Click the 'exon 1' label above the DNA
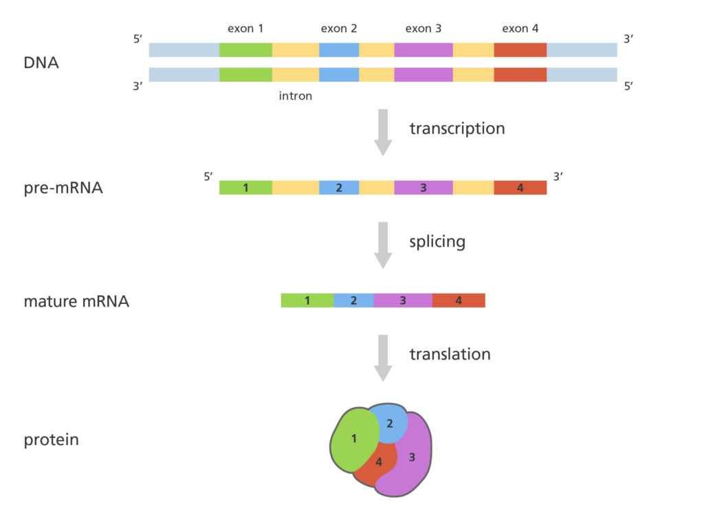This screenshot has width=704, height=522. [245, 29]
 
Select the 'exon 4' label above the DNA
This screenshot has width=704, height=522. [520, 29]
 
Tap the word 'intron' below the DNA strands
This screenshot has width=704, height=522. [296, 96]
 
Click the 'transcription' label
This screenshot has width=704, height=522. [457, 129]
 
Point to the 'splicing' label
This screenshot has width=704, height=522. [437, 242]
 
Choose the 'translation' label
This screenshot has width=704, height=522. [450, 354]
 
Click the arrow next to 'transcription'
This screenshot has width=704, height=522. [383, 132]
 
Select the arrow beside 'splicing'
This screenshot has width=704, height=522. [383, 246]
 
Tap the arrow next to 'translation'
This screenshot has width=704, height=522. [383, 358]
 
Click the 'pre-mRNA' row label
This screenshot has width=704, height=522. [63, 188]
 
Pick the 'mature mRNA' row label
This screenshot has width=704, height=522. [76, 301]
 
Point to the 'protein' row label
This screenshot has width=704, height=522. [51, 440]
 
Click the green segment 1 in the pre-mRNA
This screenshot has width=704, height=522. [245, 187]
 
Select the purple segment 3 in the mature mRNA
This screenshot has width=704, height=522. [403, 300]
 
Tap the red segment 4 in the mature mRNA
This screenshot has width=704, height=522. [459, 300]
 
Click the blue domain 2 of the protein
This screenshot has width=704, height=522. [390, 422]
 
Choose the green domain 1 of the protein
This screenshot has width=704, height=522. [355, 439]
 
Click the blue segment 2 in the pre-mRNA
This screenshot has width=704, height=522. [339, 187]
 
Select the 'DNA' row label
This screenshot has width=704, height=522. [41, 63]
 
